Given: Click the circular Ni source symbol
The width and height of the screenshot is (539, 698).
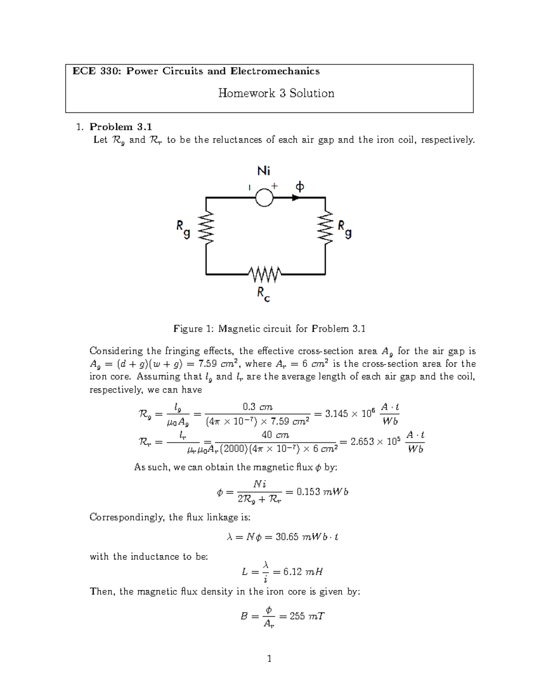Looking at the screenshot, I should click(264, 197).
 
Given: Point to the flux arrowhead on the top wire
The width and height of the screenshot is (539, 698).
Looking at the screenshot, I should click(296, 197).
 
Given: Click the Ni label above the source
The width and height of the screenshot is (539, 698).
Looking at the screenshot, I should click(264, 171).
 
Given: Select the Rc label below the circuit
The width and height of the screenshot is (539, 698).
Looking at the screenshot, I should click(263, 294).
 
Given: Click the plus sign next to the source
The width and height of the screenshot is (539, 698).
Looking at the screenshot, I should click(275, 185).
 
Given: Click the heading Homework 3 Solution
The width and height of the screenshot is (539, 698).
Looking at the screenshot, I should click(276, 93).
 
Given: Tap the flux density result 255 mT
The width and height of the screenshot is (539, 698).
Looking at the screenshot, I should click(307, 616).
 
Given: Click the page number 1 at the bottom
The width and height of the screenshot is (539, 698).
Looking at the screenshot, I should click(269, 659).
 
